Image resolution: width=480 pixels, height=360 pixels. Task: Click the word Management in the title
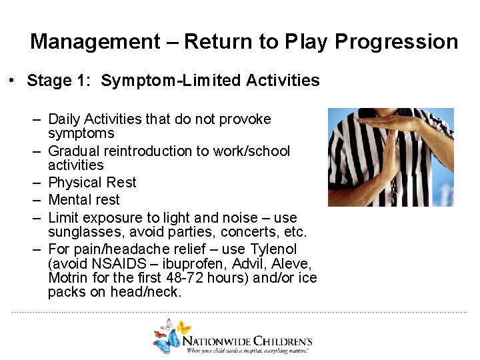95,42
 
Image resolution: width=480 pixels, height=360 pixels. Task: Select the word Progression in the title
396,42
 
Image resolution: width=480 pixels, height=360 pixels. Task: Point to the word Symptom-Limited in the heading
171,81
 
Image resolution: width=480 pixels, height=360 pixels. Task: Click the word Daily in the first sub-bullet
64,119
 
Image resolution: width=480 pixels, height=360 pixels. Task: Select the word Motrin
69,277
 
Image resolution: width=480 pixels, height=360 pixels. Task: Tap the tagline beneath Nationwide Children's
248,350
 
